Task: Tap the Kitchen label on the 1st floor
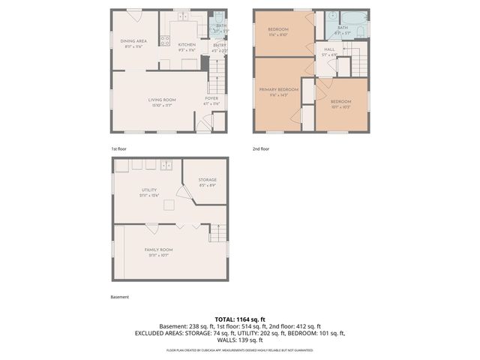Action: [x=187, y=45]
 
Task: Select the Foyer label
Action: [x=212, y=100]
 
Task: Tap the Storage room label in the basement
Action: [x=208, y=181]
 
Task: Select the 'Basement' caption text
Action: [x=120, y=297]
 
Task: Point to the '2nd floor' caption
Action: [x=260, y=149]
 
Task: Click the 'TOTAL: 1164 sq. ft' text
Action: [x=239, y=319]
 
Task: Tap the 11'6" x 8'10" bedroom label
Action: [x=278, y=31]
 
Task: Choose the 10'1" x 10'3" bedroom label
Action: [x=341, y=104]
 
